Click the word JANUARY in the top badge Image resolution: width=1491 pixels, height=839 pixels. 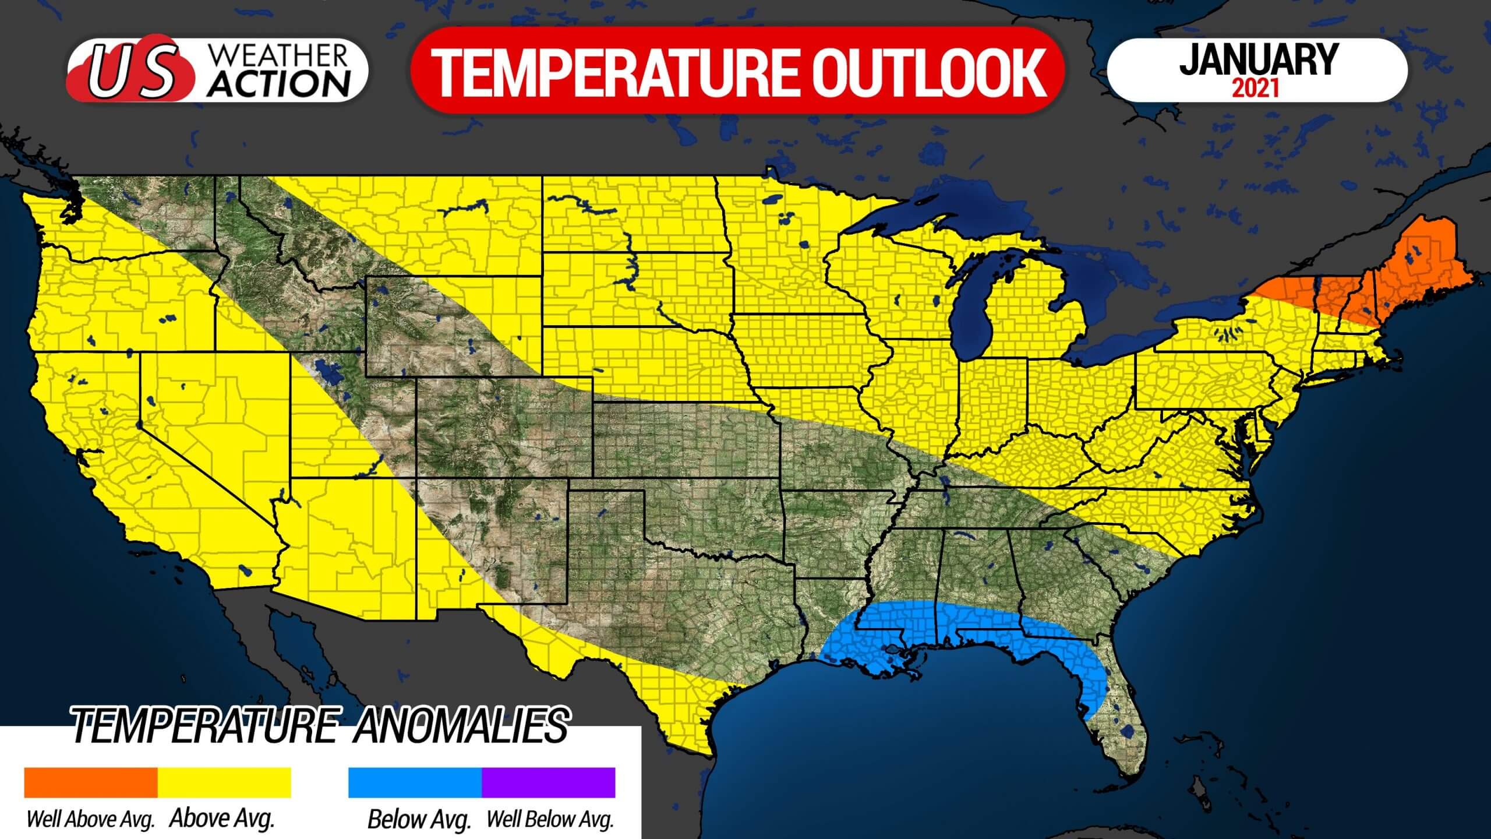(1258, 59)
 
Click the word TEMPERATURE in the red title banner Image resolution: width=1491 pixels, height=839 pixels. (616, 72)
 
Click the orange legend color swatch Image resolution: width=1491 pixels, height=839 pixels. (90, 782)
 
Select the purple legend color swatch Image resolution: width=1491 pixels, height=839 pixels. (548, 782)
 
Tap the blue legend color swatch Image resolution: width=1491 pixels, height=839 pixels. (415, 782)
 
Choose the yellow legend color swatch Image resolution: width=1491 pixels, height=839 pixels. (224, 782)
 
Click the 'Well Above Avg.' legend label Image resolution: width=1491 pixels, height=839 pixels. (90, 820)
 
